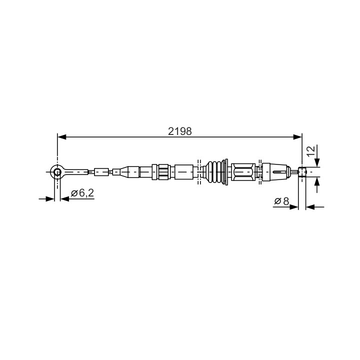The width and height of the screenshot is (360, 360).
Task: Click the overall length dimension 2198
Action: click(x=180, y=131)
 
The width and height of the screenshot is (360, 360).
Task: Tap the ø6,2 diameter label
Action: click(x=82, y=193)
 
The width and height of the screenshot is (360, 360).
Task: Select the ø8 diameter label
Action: click(x=281, y=201)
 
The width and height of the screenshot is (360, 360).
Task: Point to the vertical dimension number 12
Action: click(x=311, y=151)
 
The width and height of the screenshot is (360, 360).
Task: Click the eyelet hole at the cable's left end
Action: click(x=57, y=171)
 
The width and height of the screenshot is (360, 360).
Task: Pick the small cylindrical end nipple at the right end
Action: click(x=302, y=171)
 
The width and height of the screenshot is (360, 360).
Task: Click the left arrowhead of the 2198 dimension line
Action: click(x=62, y=137)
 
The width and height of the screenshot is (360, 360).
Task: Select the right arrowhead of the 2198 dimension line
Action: click(x=297, y=137)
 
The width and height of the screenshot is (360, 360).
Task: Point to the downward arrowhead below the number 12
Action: click(x=317, y=162)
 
